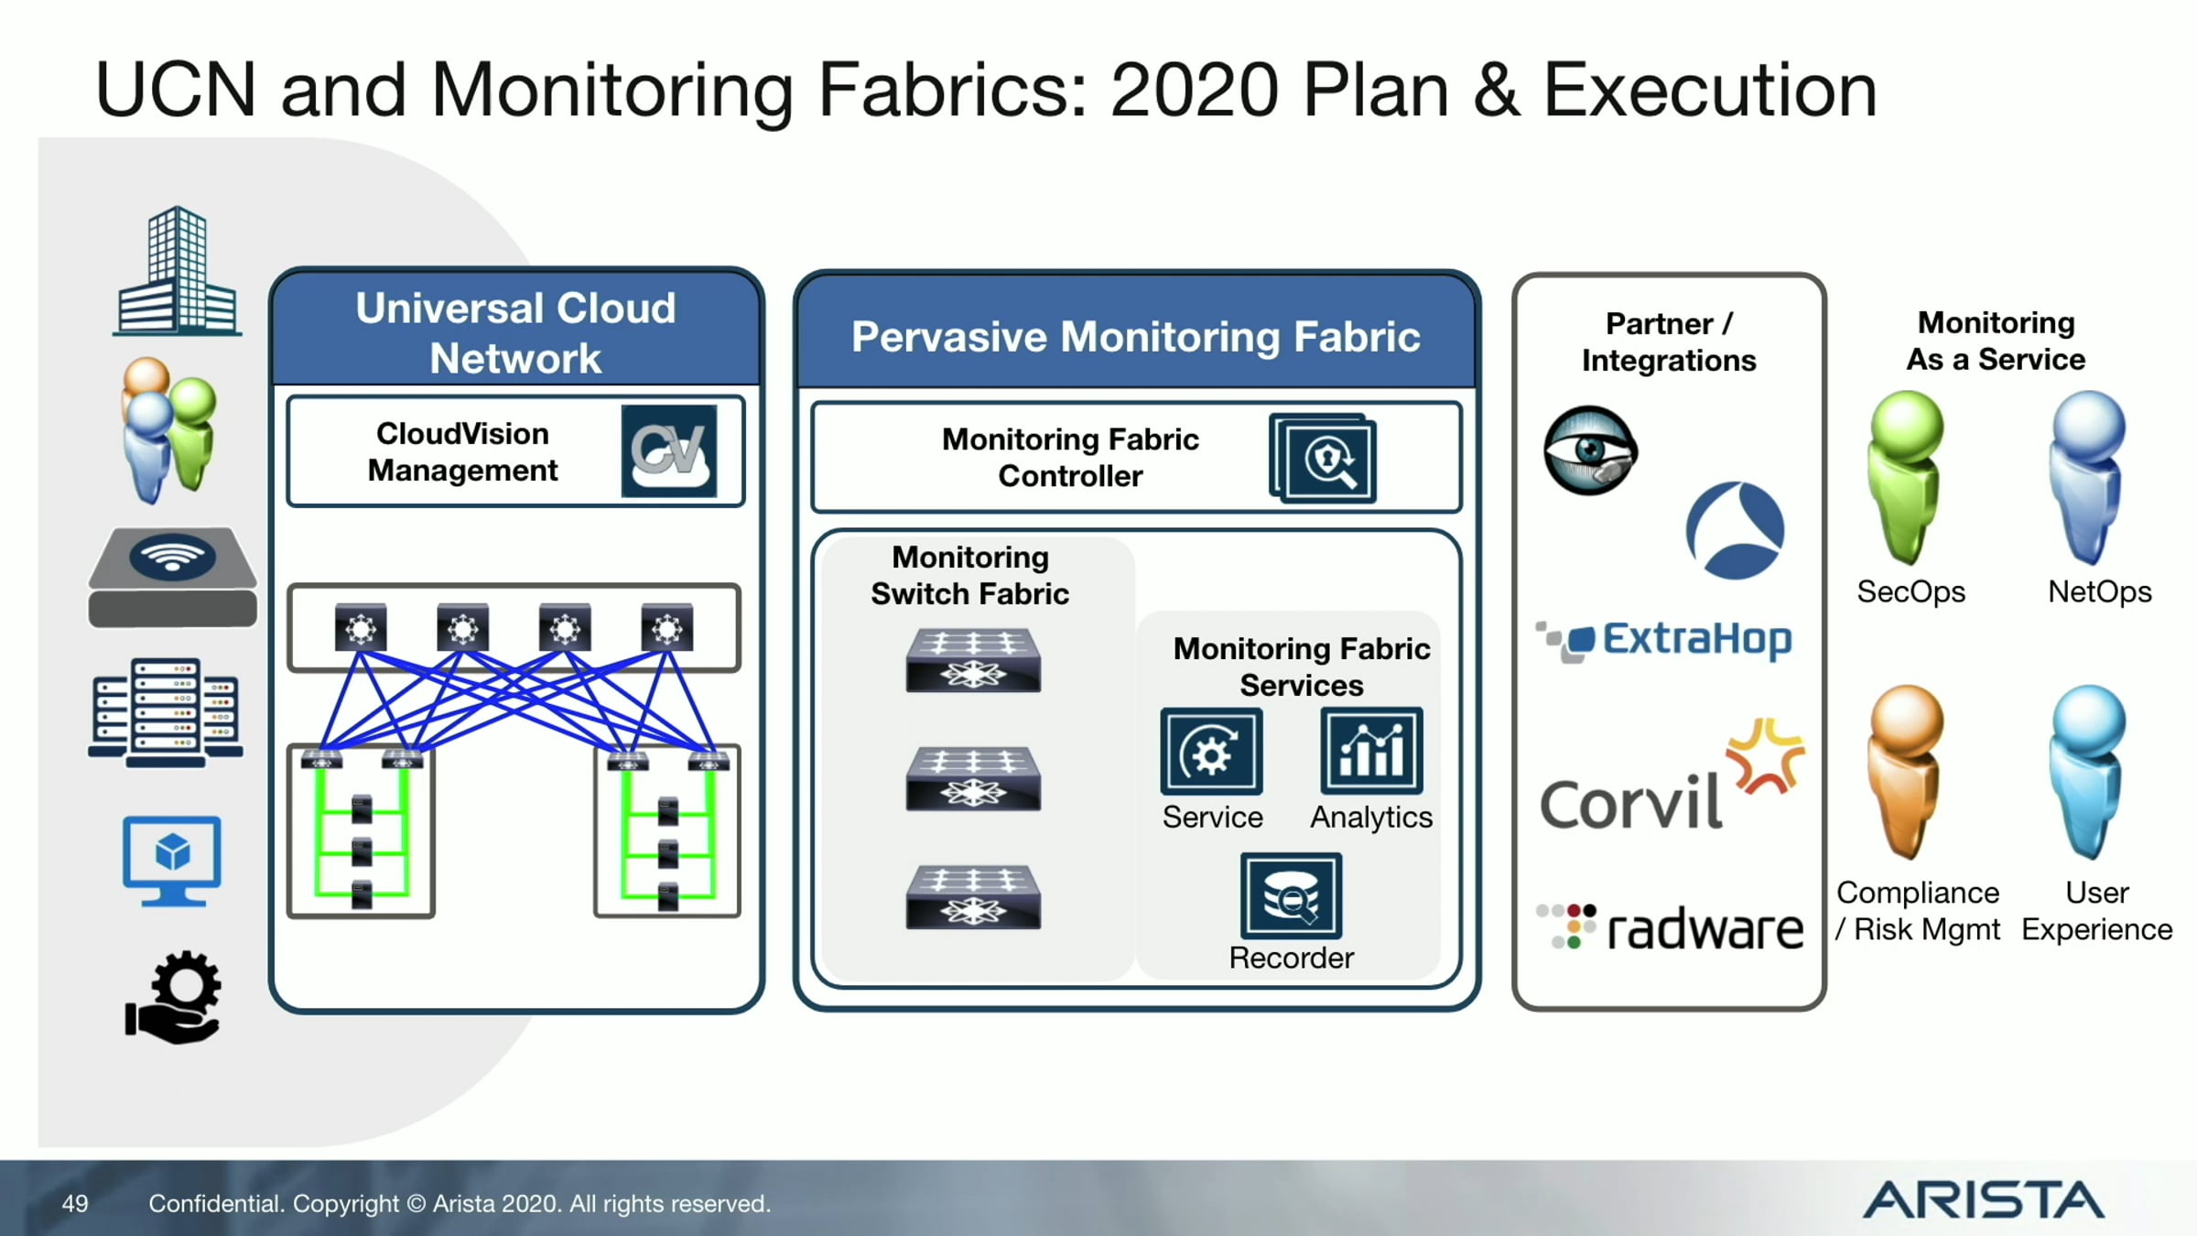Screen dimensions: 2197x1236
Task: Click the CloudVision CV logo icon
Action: (x=669, y=451)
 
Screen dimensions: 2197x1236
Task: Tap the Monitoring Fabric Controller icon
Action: (x=1323, y=459)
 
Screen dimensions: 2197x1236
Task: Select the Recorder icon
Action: (x=1291, y=896)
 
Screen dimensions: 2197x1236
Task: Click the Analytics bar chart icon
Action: (x=1371, y=751)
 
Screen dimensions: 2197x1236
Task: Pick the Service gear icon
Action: (x=1211, y=751)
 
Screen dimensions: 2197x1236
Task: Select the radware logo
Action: (x=1670, y=927)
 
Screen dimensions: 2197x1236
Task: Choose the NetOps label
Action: (x=2099, y=592)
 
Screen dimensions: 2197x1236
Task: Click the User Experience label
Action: (x=2096, y=911)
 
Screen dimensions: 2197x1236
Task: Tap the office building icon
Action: (x=178, y=271)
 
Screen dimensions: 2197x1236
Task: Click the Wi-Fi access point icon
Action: (x=172, y=577)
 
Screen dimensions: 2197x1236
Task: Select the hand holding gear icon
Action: (x=174, y=997)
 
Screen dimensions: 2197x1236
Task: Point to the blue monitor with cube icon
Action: (x=172, y=861)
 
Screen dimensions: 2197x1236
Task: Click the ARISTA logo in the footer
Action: (x=1984, y=1200)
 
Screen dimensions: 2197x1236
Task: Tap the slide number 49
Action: (x=75, y=1203)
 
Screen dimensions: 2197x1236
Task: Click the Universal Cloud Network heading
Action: (x=515, y=333)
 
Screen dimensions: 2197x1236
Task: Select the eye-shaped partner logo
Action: (x=1590, y=450)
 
